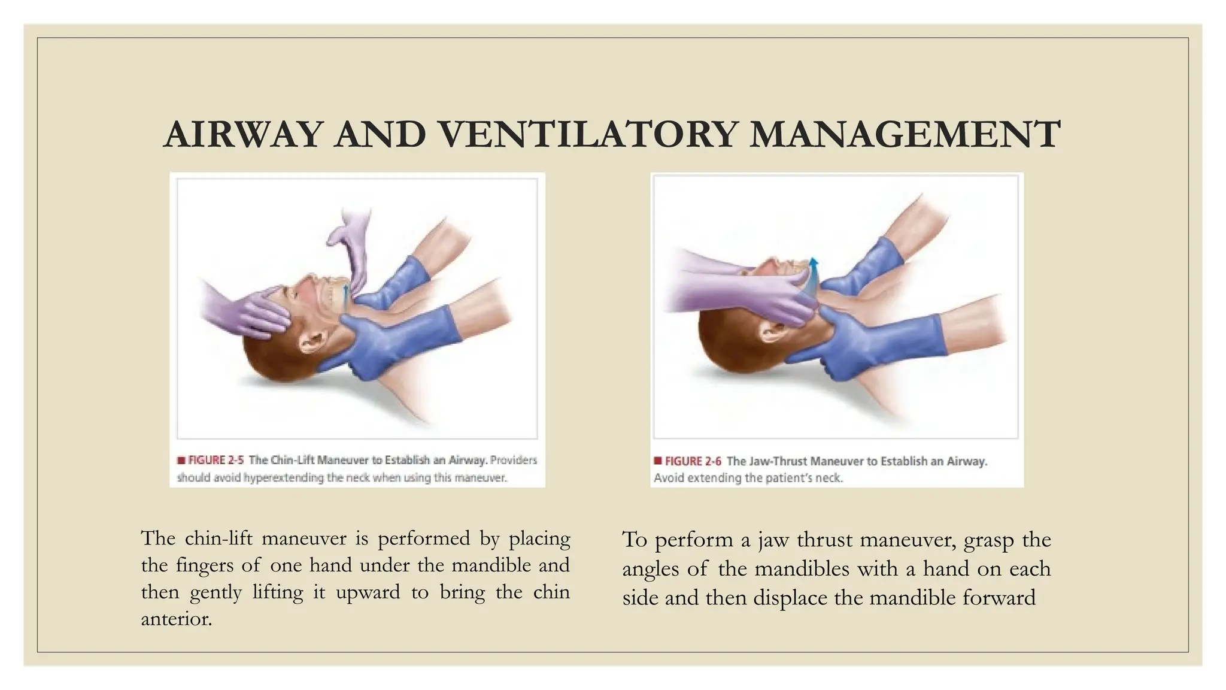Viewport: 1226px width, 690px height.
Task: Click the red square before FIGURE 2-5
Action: [181, 461]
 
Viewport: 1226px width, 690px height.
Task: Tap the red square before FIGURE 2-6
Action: [657, 461]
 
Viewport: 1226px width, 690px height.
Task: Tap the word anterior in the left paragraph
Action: [176, 619]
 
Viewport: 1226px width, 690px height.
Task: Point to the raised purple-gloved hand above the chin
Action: [353, 240]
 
